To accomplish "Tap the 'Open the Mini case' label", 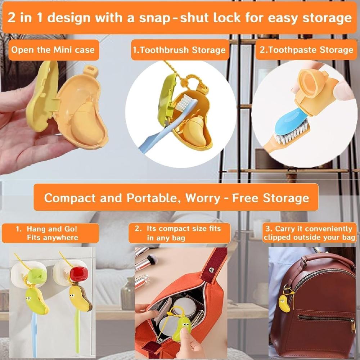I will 53,49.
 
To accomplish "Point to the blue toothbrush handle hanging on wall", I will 34,333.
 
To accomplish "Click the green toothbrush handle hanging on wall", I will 78,331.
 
